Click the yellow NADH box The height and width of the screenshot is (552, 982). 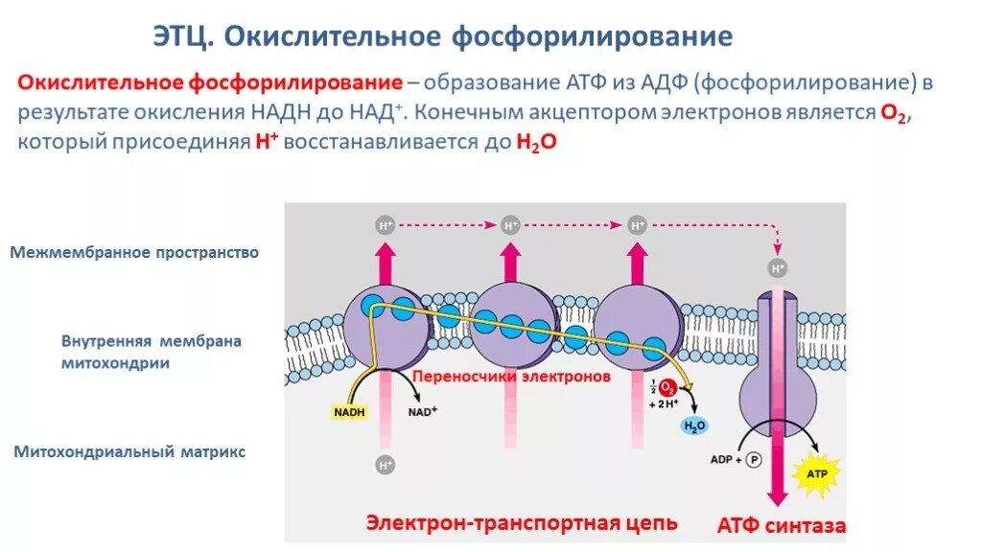(349, 413)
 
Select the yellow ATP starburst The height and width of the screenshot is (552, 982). (818, 474)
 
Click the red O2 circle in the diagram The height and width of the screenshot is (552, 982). (668, 388)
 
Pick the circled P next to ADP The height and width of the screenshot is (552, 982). (754, 459)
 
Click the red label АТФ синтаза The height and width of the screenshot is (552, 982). (781, 525)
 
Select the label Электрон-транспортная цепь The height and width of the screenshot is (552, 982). (522, 523)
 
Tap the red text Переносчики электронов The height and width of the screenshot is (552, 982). (511, 377)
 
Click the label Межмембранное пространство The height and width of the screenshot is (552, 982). (135, 253)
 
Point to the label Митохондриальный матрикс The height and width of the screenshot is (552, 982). (129, 450)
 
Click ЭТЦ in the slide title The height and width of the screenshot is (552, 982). (185, 36)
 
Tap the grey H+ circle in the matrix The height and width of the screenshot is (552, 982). (386, 466)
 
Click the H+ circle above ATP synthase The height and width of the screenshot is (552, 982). (778, 267)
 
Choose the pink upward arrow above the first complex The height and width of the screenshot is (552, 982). (386, 263)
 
